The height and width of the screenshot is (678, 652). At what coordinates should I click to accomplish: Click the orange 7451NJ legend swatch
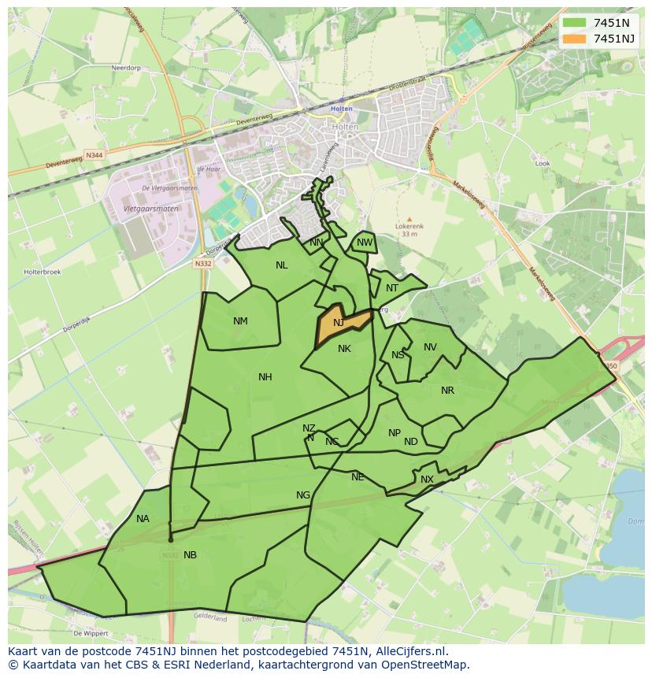click(x=575, y=39)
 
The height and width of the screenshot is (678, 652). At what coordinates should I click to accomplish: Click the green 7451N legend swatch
click(x=575, y=23)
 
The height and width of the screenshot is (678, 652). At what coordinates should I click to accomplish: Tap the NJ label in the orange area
click(x=339, y=323)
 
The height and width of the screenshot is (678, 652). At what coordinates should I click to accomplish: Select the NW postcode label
click(x=365, y=243)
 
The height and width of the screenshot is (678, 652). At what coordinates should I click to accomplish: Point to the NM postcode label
click(x=240, y=320)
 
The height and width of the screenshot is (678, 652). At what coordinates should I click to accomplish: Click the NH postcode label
click(x=265, y=377)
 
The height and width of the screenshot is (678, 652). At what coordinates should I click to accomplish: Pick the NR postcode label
click(x=447, y=391)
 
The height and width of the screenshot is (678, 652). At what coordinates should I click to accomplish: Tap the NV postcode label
click(x=430, y=347)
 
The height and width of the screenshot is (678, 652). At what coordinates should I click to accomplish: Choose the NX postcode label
click(x=427, y=480)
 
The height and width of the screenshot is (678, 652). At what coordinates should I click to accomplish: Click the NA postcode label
click(x=143, y=519)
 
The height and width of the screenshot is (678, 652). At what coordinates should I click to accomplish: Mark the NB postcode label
click(x=190, y=555)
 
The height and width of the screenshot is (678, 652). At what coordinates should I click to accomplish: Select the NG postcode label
click(x=303, y=495)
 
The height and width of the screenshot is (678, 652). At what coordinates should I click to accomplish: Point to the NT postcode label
click(x=392, y=288)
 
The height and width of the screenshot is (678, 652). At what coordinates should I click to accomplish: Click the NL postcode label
click(x=281, y=265)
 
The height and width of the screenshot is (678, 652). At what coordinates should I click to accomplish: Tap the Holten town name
click(x=342, y=109)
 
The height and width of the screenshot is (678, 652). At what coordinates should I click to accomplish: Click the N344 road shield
click(x=94, y=155)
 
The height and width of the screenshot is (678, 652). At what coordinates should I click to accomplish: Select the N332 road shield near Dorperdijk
click(x=203, y=264)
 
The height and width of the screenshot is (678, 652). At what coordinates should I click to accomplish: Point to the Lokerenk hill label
click(x=409, y=226)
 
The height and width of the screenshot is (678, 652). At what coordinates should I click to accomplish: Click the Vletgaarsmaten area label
click(x=151, y=209)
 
